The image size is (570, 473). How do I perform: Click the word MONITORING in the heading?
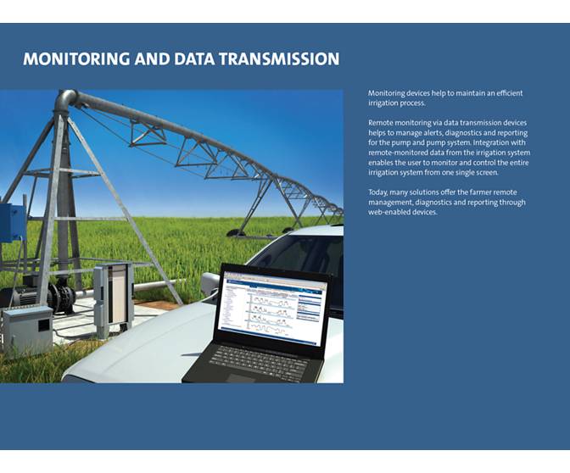click(76, 59)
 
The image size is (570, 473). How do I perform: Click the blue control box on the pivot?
click(11, 223)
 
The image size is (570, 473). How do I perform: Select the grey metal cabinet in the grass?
click(26, 328)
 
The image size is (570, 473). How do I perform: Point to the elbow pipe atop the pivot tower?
click(65, 101)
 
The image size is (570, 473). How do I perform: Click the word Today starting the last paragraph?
click(378, 192)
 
